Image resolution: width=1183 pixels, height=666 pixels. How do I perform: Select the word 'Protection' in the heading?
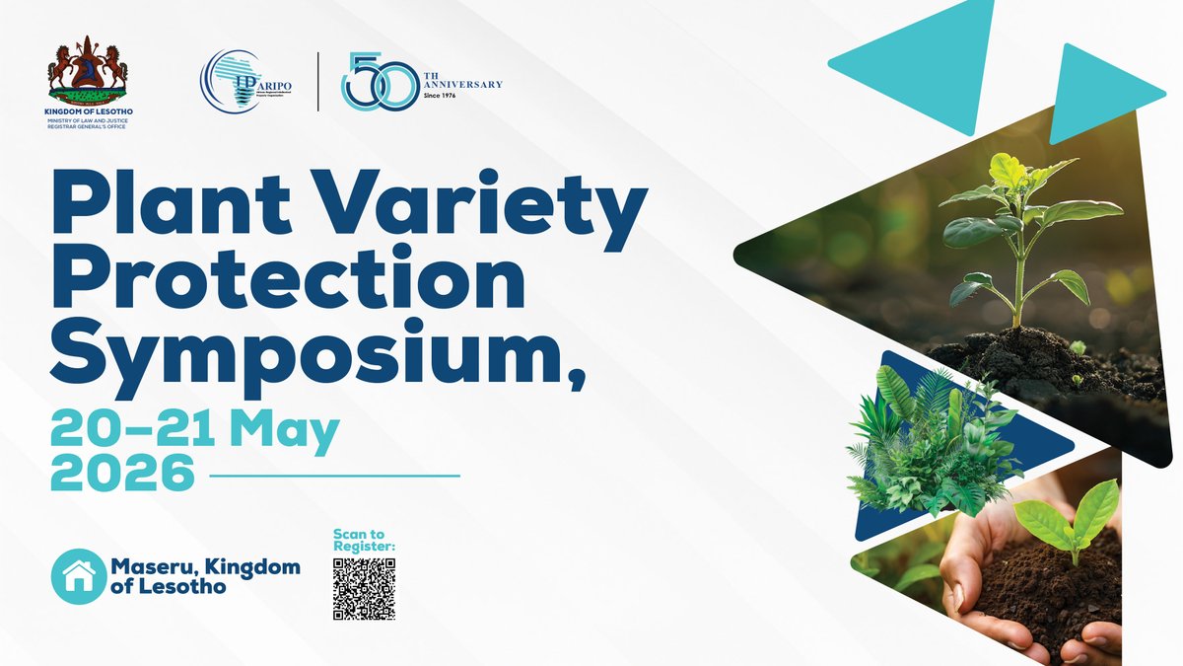[x=286, y=282]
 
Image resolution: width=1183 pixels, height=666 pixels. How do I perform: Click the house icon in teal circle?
[x=78, y=575]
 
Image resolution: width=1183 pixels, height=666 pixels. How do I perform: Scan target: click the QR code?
[x=364, y=589]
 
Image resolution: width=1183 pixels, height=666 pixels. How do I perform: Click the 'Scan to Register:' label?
[x=364, y=541]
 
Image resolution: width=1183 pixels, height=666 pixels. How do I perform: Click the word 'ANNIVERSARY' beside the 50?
[x=462, y=84]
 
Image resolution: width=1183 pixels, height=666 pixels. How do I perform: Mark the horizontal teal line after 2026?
[x=335, y=476]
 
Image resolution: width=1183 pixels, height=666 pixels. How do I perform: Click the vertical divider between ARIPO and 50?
[x=317, y=81]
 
